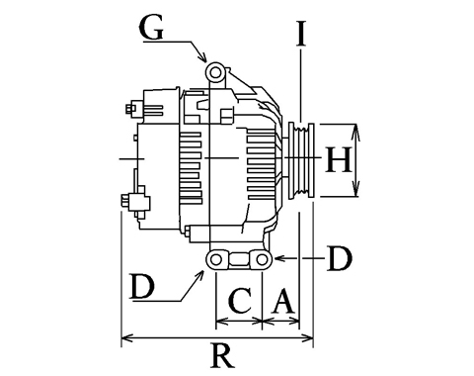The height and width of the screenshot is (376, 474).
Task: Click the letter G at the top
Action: click(152, 28)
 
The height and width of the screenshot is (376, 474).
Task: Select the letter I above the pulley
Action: click(301, 34)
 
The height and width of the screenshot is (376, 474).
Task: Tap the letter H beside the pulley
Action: click(338, 160)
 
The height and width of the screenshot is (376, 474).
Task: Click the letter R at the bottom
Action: click(222, 356)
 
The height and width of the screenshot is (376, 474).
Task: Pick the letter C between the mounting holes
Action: click(241, 301)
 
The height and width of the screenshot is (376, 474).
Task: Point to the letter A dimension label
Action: click(282, 301)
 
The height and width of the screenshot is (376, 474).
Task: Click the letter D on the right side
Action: click(340, 259)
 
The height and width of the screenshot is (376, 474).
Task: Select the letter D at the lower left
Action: click(142, 286)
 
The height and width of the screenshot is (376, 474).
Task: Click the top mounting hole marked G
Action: click(215, 72)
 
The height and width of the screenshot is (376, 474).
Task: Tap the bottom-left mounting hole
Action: click(215, 259)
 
